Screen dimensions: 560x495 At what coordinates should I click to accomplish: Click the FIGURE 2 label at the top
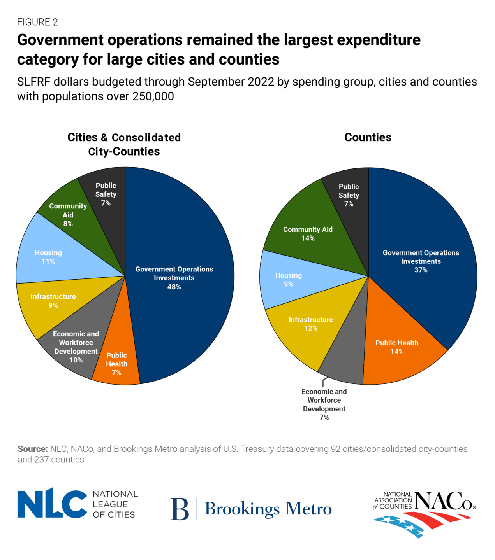coord(37,22)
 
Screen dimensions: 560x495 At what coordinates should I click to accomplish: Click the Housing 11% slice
coord(48,257)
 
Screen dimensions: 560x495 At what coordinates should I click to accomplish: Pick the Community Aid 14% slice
coord(308,233)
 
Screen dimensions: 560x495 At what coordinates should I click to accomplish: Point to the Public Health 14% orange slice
coord(396,347)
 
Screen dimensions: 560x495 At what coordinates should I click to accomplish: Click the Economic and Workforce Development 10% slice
coord(76,347)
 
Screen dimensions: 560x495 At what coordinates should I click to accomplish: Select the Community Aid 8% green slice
coord(68,215)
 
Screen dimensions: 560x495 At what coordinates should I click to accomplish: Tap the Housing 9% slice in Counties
coord(288,280)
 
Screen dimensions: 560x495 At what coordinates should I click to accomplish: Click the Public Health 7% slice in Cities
coord(116,364)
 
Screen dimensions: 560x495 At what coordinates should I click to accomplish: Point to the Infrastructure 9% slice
coord(53,301)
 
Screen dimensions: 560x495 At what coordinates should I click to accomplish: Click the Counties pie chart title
coord(368,137)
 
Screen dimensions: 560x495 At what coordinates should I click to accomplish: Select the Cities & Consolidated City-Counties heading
coord(124,144)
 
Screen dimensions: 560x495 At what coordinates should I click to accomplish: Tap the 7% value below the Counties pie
coord(324,417)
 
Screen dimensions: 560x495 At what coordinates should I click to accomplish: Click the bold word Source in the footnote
coord(32,449)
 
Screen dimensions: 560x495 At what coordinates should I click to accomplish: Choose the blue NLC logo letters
coord(52,504)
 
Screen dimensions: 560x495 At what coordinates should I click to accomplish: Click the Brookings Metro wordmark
coord(268,509)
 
